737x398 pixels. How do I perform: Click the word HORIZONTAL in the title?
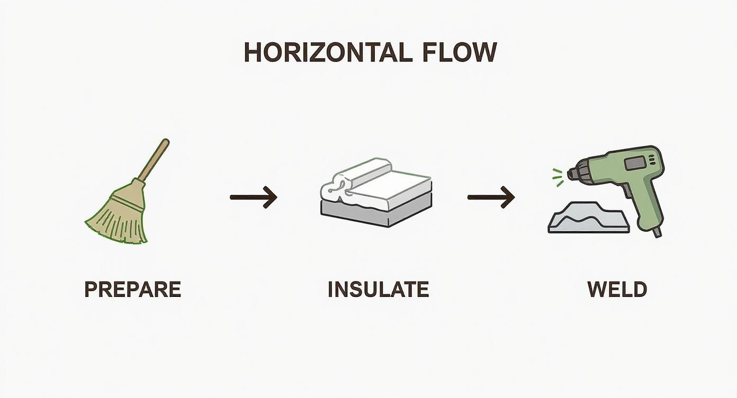click(327, 52)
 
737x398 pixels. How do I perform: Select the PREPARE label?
click(133, 290)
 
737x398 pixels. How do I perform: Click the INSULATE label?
click(378, 290)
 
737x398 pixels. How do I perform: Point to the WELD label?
click(617, 290)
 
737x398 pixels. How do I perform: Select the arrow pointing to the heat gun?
click(491, 197)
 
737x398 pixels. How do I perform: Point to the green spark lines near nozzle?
click(556, 177)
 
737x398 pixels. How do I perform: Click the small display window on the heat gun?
click(635, 163)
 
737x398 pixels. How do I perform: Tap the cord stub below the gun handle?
click(657, 232)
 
